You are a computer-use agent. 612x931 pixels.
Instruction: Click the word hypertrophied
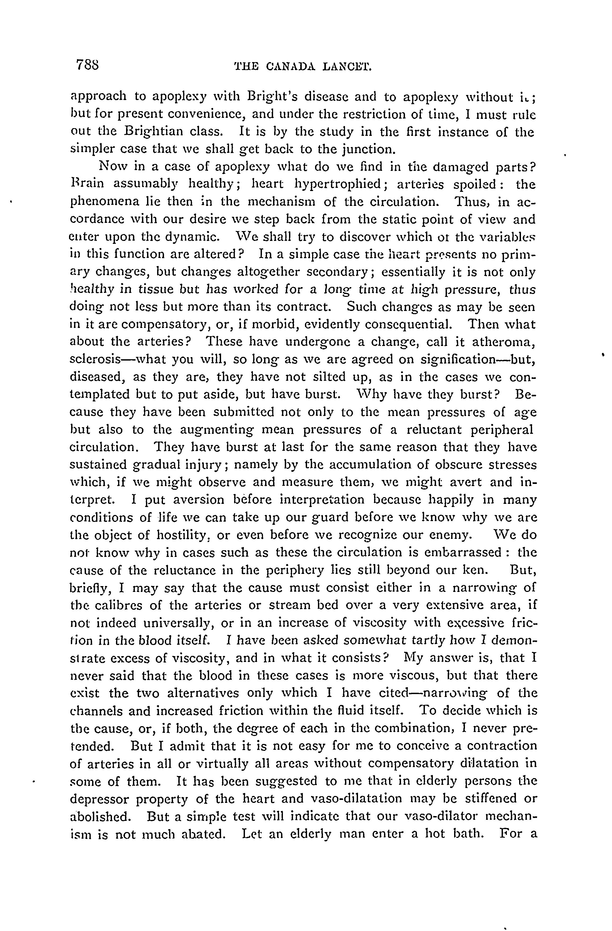337,184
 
